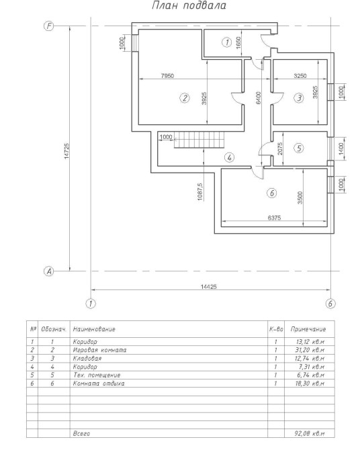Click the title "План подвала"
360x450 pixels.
coord(189,5)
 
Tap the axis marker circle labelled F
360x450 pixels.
coord(49,26)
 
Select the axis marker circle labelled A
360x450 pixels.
coord(49,271)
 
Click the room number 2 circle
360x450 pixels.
coord(184,98)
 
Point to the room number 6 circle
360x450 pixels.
coord(272,193)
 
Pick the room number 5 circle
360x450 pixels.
coord(299,148)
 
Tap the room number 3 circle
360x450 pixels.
coord(299,98)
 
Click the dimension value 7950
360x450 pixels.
coord(167,76)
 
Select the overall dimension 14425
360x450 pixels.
coord(209,286)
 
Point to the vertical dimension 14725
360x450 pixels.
coord(66,151)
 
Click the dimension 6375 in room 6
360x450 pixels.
coord(274,218)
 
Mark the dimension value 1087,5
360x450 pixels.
coord(200,191)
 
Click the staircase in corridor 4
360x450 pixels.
coord(199,140)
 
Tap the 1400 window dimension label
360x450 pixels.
coord(341,148)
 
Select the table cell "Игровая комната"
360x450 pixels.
coord(99,350)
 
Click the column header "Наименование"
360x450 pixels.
coord(94,329)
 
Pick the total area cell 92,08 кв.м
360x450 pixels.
coord(310,433)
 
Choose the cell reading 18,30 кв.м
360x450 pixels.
coord(310,384)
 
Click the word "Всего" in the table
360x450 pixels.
coord(81,433)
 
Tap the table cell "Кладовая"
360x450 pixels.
coord(87,359)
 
